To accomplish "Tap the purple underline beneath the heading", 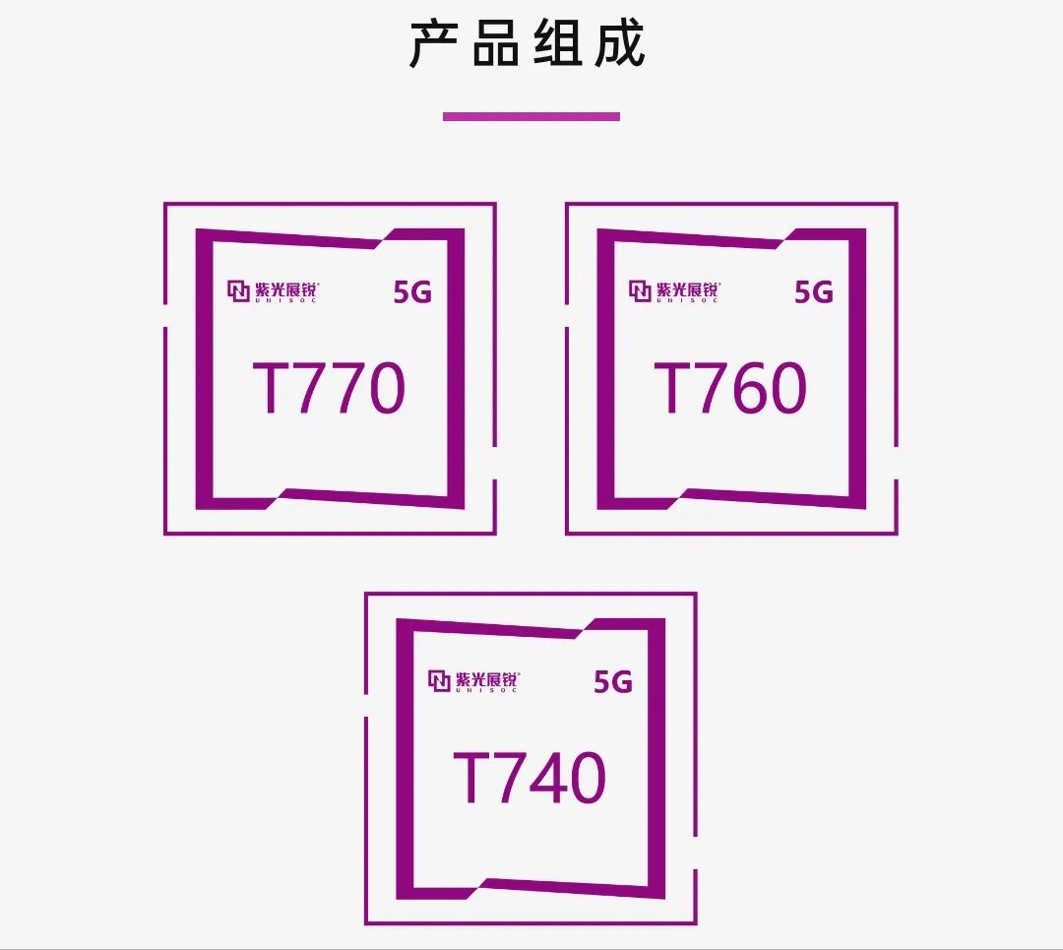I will point(531,116).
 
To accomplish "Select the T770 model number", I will point(329,388).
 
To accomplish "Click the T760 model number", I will point(730,388).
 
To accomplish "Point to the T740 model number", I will point(530,778).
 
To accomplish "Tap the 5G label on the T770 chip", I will point(412,292).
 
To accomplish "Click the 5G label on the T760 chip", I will point(814,292).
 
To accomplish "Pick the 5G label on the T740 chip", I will point(613,682).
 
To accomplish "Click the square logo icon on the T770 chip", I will point(238,291).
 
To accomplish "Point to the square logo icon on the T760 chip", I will point(640,291).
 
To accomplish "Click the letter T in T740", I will point(474,779).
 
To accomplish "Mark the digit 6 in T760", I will point(733,388).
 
